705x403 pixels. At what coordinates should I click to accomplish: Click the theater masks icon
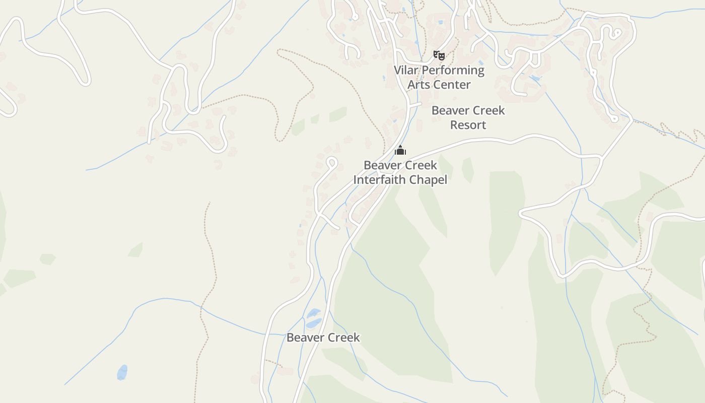(439, 55)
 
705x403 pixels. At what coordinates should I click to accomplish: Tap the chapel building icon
(400, 150)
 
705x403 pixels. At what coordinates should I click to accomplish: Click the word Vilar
(405, 70)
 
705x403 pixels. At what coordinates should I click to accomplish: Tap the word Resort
(468, 124)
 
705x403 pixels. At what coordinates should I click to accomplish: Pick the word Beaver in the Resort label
(450, 110)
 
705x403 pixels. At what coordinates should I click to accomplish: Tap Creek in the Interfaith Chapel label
(420, 165)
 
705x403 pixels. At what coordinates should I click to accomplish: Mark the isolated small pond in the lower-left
(122, 372)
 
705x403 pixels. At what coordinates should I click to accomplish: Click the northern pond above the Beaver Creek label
(313, 313)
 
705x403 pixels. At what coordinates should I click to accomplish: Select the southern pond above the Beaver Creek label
(313, 323)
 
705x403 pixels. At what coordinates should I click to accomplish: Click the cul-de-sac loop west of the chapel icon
(331, 163)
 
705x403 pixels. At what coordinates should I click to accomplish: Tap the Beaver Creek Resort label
(468, 117)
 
